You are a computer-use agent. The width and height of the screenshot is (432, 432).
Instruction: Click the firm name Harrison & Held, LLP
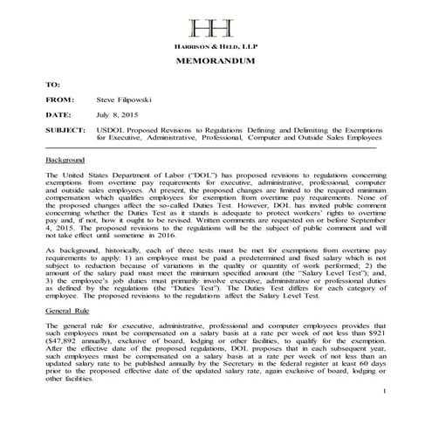pyautogui.click(x=216, y=47)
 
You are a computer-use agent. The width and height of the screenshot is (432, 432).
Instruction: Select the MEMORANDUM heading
pyautogui.click(x=216, y=64)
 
